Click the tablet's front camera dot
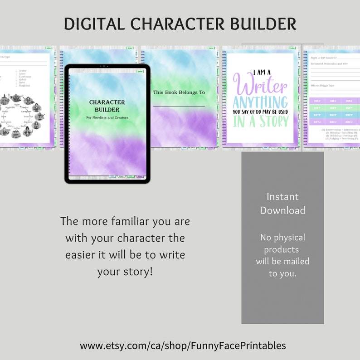[x=107, y=66]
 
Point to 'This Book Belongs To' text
[x=179, y=92]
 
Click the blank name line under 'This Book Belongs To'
[x=179, y=106]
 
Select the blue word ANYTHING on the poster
[x=260, y=102]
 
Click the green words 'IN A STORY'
[x=260, y=121]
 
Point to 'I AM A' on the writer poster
[x=260, y=71]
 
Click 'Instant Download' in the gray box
[x=282, y=204]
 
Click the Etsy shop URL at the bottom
[x=183, y=345]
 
